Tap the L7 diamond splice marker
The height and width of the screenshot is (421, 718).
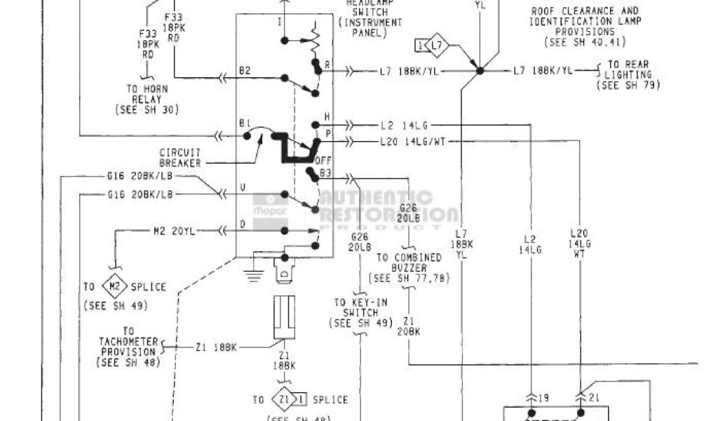pyautogui.click(x=437, y=46)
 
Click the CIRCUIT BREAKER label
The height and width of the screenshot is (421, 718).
pyautogui.click(x=179, y=158)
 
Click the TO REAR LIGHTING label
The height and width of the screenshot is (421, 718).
pyautogui.click(x=628, y=74)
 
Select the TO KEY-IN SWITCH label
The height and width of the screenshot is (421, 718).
pyautogui.click(x=360, y=312)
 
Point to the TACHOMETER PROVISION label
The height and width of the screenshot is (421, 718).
pyautogui.click(x=129, y=347)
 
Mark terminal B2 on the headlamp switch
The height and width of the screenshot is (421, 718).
pyautogui.click(x=245, y=71)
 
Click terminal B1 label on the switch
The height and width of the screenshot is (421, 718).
pyautogui.click(x=245, y=123)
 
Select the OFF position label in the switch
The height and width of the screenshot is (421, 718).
pyautogui.click(x=323, y=159)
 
